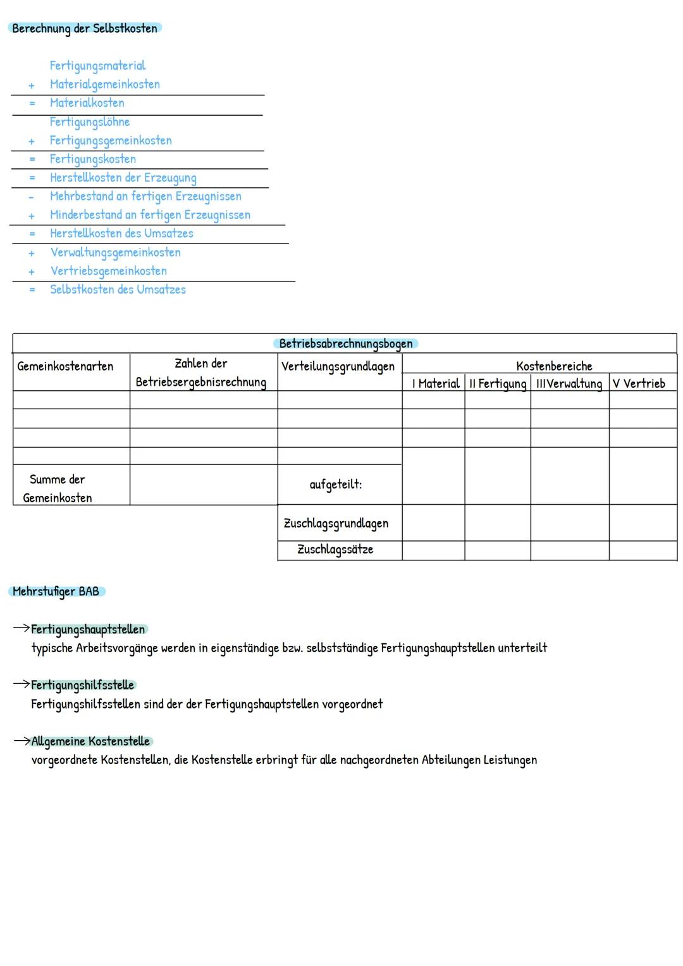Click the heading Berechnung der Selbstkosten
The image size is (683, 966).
coord(85,28)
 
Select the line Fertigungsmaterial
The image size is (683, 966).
coord(97,66)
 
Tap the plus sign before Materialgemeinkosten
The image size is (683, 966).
coord(31,85)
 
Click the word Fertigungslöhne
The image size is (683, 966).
coord(89,122)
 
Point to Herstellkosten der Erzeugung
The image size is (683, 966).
coord(123,178)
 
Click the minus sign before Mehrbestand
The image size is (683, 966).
coord(30,197)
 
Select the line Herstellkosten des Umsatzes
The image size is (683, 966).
coord(121,233)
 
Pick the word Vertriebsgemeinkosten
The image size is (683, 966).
coord(108,271)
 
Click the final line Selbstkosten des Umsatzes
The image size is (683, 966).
coord(118,290)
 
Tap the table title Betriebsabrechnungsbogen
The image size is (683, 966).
coord(345,344)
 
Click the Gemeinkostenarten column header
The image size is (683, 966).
coord(65,366)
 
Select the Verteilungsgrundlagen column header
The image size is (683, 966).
coord(338,366)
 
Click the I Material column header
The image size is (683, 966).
coord(435,383)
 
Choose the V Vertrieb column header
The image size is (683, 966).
coord(639,383)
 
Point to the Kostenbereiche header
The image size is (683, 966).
coord(554,366)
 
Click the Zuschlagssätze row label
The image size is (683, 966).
coord(335,549)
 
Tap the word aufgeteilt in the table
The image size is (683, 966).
coord(335,485)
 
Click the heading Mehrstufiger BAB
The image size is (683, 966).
coord(56,591)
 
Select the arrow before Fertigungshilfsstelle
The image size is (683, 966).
coord(22,684)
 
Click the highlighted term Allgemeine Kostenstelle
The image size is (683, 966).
coord(90,741)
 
